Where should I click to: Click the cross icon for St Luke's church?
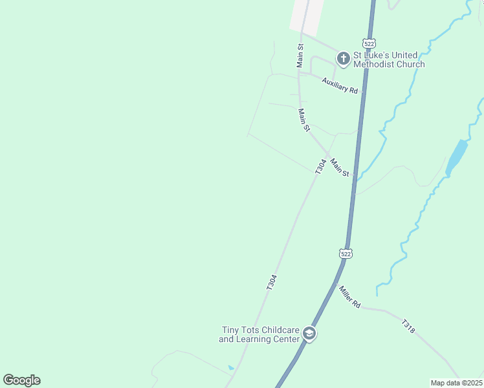tap(343, 59)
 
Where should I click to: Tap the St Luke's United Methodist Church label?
tap(388, 59)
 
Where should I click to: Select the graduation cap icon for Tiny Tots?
tap(309, 334)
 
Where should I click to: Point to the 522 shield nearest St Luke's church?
tap(369, 43)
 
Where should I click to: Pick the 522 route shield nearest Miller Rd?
tap(346, 253)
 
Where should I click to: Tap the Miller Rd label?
tap(349, 296)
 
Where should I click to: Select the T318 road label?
tap(408, 326)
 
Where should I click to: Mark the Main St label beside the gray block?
tap(300, 56)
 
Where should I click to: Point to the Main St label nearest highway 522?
tap(340, 167)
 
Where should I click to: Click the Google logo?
tap(21, 380)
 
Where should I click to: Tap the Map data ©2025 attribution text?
tap(457, 383)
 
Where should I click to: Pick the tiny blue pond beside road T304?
tap(231, 368)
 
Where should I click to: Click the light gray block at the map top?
tap(307, 17)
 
